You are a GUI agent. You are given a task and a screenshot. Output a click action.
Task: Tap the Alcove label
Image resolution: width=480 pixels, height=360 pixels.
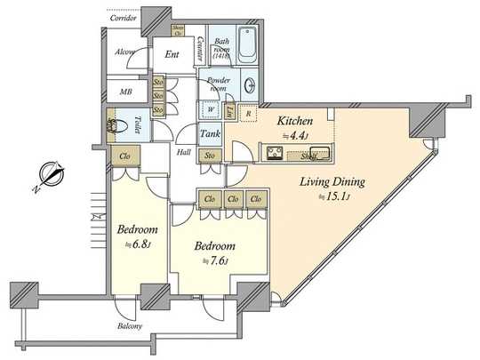[x=125, y=52]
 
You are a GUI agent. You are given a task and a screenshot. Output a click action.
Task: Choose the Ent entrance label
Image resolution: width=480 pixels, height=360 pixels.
[x=173, y=53]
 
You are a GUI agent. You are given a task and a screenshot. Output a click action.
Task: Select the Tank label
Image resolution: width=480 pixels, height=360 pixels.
[x=210, y=134]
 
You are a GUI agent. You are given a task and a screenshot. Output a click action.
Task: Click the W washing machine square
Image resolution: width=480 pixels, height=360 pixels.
[x=209, y=111]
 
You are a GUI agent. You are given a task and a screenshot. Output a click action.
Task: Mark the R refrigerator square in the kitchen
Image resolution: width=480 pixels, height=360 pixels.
[x=250, y=112]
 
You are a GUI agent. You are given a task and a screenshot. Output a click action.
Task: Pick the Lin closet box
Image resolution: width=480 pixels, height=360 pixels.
[x=229, y=111]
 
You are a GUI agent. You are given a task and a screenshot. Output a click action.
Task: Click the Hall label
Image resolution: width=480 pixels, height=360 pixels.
[x=183, y=152]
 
